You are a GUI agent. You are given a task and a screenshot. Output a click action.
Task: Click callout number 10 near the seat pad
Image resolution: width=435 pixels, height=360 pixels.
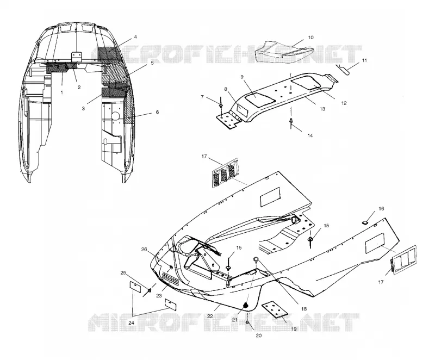pyautogui.click(x=310, y=38)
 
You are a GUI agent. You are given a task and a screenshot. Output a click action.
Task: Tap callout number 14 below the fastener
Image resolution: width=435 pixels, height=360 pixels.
pyautogui.click(x=310, y=135)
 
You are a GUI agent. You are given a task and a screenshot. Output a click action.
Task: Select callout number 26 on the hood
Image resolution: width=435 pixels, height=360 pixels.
pyautogui.click(x=144, y=250)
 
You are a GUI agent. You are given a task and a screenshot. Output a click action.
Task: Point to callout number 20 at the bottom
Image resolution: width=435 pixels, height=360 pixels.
pyautogui.click(x=259, y=336)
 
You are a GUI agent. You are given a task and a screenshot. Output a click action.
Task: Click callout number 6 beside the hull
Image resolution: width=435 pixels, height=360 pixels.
pyautogui.click(x=157, y=112)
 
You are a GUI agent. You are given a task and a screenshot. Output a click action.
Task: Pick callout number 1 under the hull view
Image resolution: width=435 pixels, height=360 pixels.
pyautogui.click(x=61, y=92)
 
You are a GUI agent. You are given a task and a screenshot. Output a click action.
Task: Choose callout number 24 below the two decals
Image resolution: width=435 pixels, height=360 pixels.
pyautogui.click(x=131, y=323)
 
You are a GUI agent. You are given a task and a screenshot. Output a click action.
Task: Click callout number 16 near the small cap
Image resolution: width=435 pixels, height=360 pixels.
pyautogui.click(x=382, y=209)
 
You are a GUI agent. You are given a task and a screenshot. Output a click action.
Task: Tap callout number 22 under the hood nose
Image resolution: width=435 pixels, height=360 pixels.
pyautogui.click(x=210, y=316)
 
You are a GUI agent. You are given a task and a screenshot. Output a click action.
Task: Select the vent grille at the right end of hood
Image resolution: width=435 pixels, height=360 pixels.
pyautogui.click(x=403, y=260)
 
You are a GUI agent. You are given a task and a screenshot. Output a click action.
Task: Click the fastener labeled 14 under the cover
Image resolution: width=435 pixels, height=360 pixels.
pyautogui.click(x=291, y=122)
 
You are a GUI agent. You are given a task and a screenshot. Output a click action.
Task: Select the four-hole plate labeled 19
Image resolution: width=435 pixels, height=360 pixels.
pyautogui.click(x=275, y=309)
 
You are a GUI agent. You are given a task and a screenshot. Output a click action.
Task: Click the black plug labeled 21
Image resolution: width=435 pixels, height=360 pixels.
pyautogui.click(x=246, y=306)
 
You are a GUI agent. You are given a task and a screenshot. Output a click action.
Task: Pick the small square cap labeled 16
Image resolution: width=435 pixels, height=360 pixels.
pyautogui.click(x=365, y=222)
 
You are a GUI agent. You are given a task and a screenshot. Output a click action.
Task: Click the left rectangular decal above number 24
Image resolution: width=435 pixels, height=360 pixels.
pyautogui.click(x=135, y=287)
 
